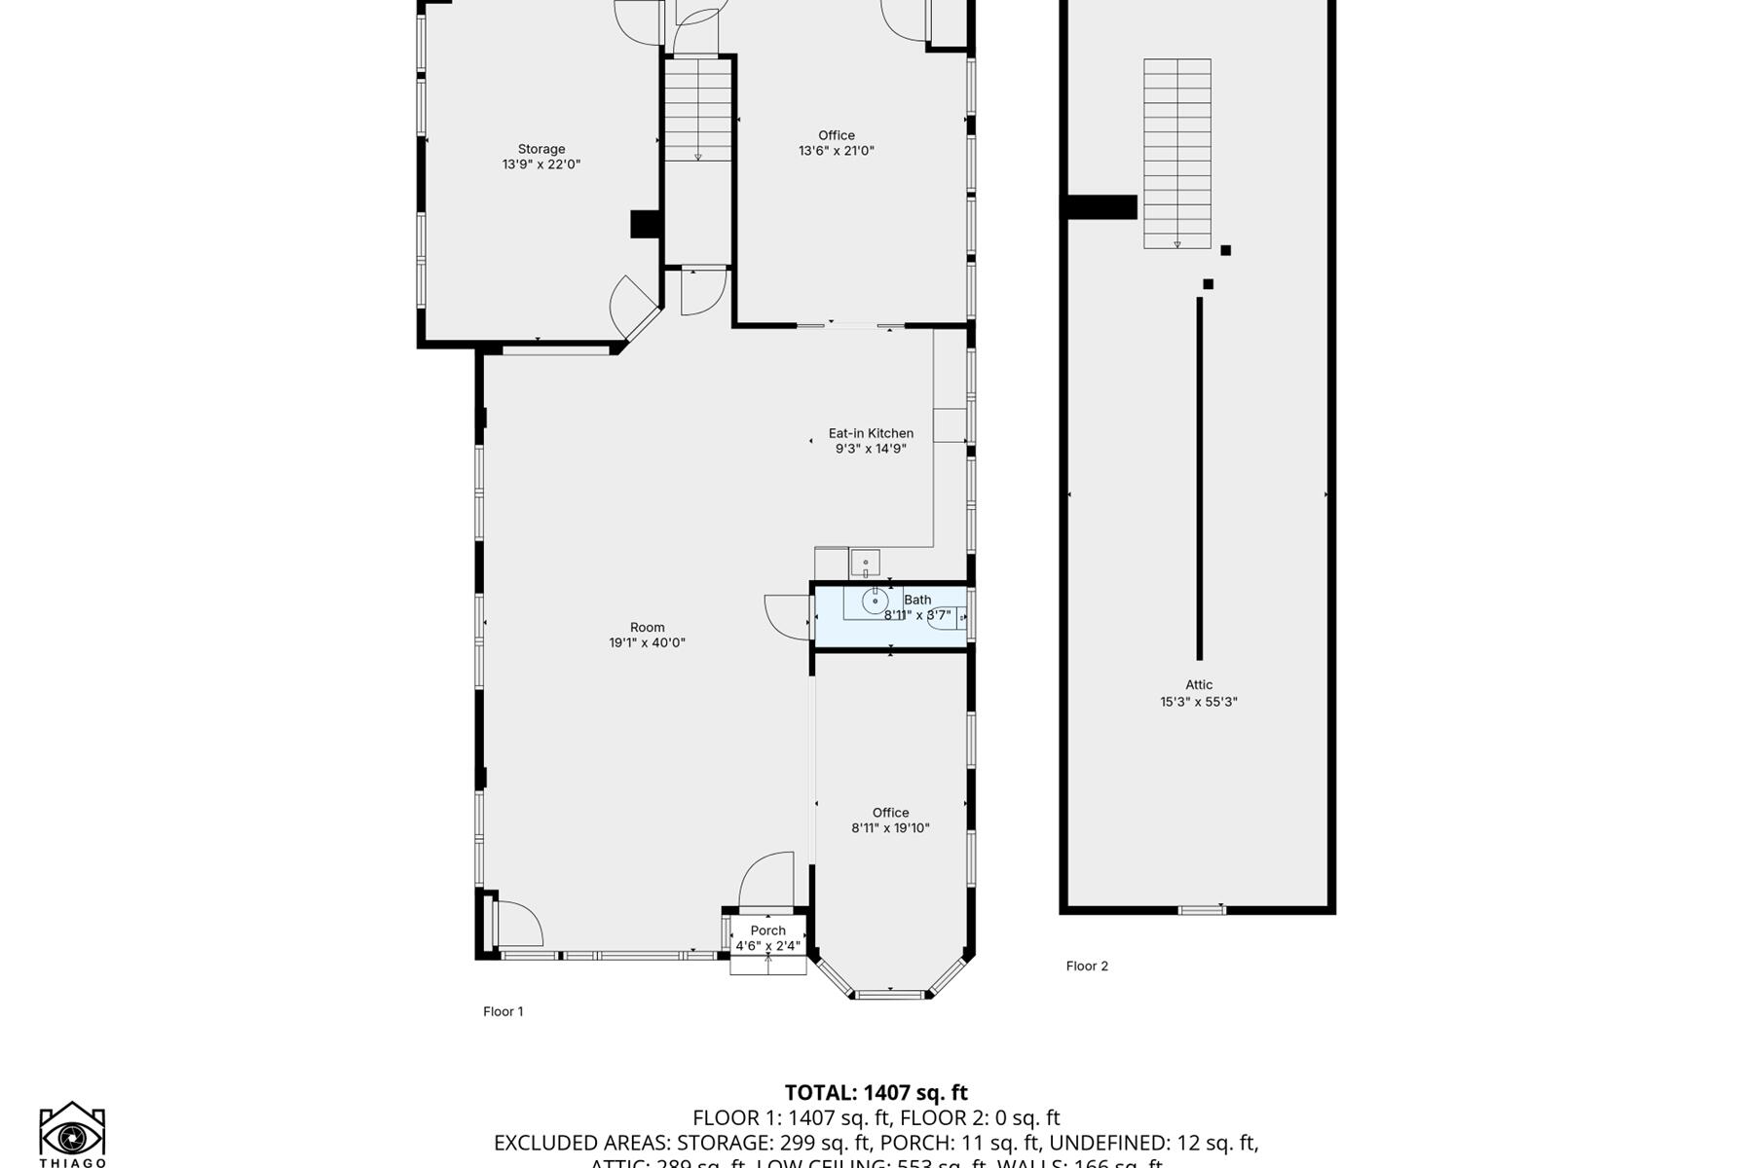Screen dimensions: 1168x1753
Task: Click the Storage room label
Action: [541, 149]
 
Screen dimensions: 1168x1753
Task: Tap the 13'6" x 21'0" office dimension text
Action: [837, 151]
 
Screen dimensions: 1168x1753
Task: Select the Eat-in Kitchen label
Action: [871, 433]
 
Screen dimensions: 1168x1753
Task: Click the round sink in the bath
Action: [875, 602]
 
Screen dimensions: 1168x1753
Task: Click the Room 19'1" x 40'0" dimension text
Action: [647, 642]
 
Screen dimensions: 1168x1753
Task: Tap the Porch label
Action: [767, 931]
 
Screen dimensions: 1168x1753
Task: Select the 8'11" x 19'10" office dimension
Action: [890, 828]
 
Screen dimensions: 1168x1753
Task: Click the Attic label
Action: [1199, 684]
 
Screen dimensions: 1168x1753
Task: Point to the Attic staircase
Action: [1176, 153]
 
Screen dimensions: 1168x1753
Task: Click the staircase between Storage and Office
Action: [698, 109]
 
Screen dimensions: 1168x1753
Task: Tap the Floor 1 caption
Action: [503, 1011]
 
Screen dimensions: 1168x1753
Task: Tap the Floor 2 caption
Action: [1087, 966]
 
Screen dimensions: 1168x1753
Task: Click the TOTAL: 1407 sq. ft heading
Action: [876, 1092]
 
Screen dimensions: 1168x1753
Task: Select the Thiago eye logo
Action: [72, 1135]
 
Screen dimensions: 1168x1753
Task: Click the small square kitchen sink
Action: [865, 563]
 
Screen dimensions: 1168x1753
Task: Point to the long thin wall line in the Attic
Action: [1199, 477]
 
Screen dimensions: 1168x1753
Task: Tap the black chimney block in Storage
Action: [645, 224]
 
